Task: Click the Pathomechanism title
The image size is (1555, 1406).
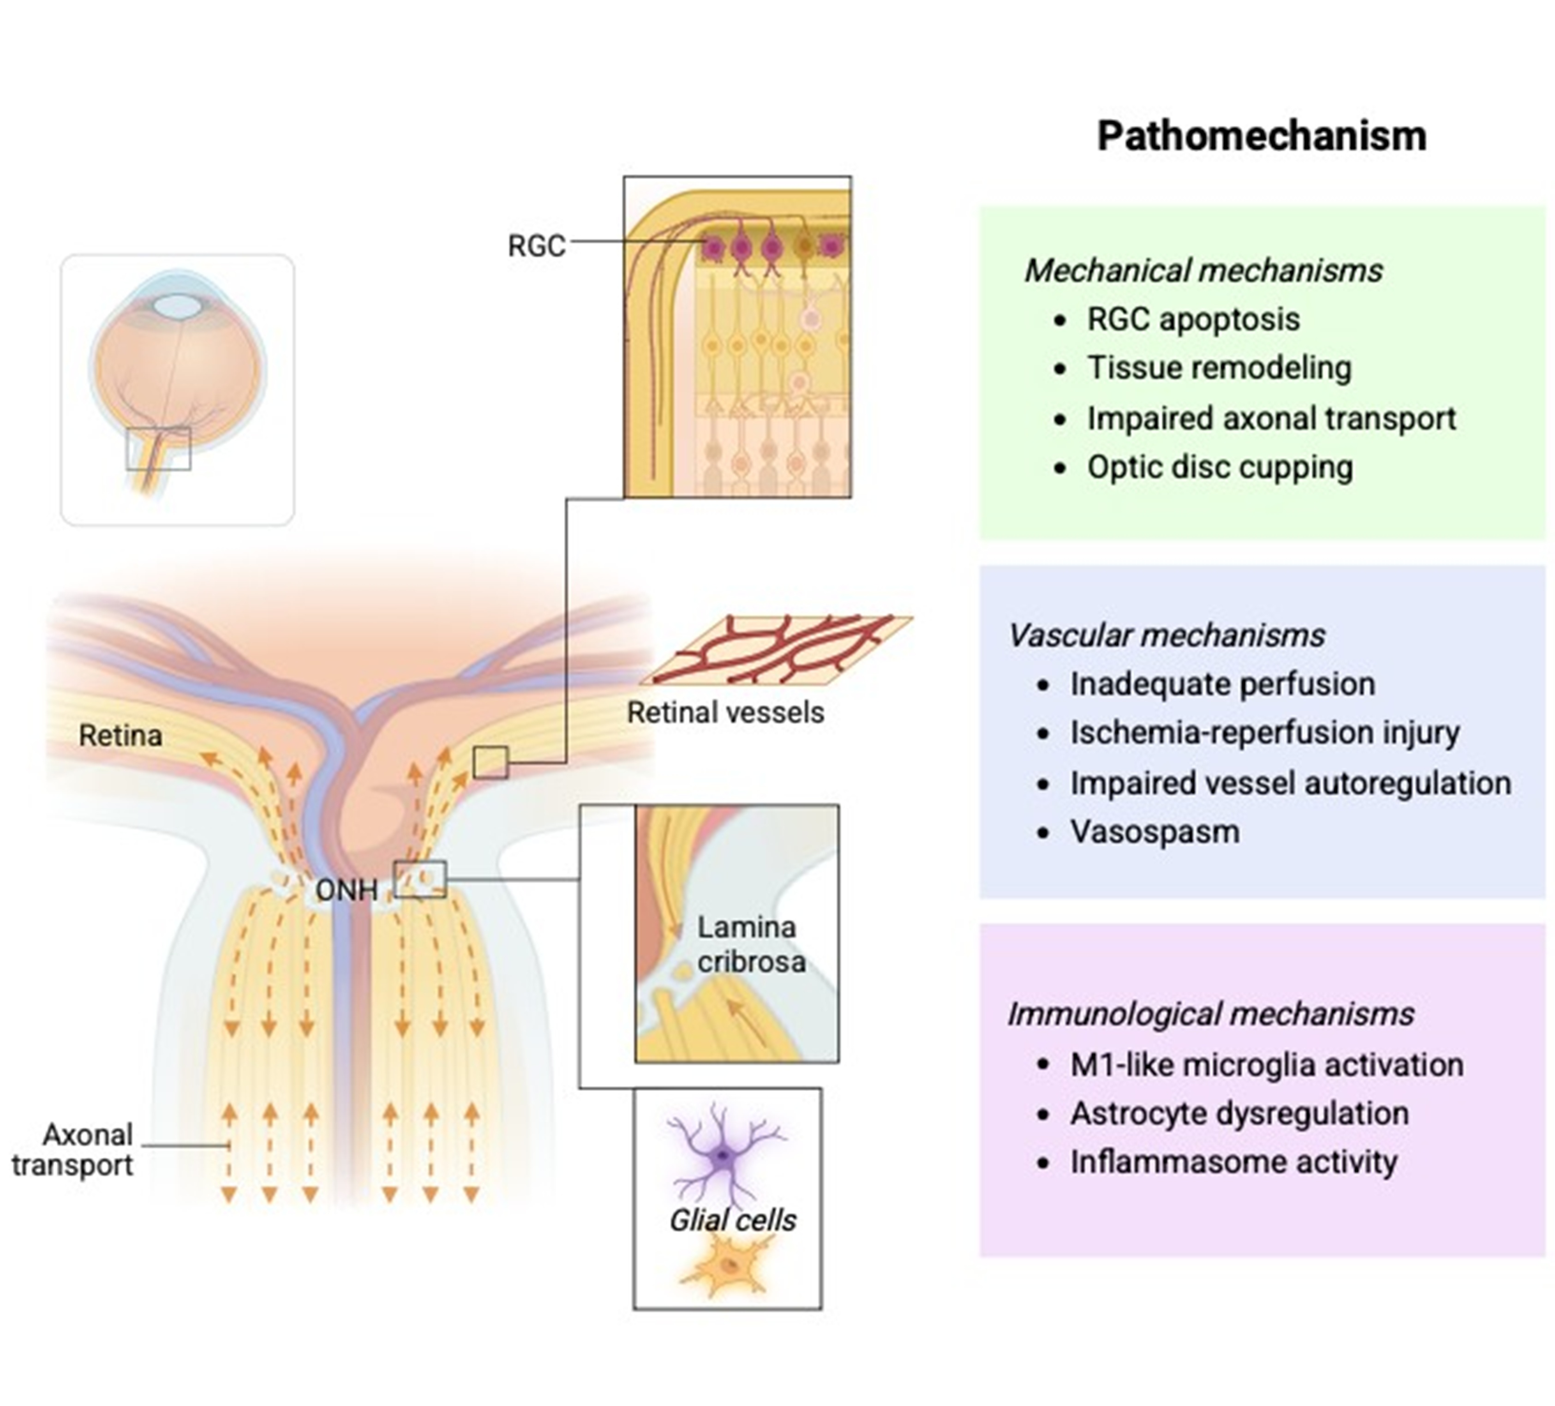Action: point(1261,136)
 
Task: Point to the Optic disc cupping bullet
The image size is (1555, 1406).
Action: point(1220,467)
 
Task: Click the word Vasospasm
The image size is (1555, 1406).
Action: point(1154,831)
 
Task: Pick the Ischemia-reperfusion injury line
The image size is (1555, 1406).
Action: point(1264,732)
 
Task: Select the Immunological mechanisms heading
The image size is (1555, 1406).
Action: point(1210,1013)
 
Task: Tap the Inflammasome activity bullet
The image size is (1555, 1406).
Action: point(1233,1161)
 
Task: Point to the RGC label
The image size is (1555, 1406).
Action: point(536,246)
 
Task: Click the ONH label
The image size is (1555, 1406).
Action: point(347,890)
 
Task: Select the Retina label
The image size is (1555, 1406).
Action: point(120,736)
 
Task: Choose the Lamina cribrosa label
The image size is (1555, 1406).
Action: point(750,944)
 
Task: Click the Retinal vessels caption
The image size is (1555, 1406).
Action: point(725,712)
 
